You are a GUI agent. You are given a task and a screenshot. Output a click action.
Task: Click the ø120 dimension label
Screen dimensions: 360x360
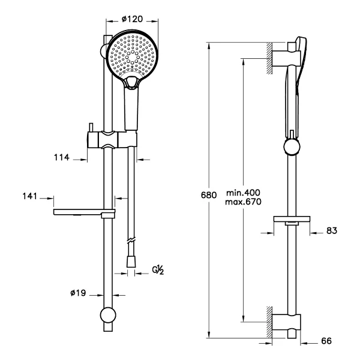[132, 19]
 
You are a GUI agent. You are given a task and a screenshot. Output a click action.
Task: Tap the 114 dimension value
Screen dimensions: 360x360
[62, 157]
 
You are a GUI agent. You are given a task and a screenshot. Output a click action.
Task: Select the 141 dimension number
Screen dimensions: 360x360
[29, 196]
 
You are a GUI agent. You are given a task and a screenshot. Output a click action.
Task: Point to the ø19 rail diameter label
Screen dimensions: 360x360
[78, 293]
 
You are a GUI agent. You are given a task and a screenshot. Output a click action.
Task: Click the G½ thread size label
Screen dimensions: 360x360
[158, 270]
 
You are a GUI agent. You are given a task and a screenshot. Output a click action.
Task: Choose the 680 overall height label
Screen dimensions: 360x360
[209, 195]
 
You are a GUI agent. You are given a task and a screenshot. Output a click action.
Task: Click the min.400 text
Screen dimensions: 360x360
[244, 193]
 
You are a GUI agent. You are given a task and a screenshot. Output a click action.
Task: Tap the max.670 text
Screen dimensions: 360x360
[244, 202]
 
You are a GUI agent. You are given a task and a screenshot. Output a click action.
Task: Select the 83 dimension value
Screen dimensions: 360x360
[332, 230]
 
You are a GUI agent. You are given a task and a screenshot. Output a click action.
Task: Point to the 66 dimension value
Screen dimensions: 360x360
[326, 341]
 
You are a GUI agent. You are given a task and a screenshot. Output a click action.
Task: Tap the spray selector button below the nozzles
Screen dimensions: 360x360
[131, 82]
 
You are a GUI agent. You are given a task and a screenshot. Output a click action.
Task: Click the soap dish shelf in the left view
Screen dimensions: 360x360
[84, 212]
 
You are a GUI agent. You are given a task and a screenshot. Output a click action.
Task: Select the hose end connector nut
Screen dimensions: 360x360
[131, 262]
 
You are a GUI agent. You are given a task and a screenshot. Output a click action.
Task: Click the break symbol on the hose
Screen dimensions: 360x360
[131, 241]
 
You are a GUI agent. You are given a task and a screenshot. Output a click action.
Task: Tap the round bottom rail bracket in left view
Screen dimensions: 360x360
[108, 315]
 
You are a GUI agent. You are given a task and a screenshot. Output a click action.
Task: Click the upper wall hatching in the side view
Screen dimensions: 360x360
[269, 58]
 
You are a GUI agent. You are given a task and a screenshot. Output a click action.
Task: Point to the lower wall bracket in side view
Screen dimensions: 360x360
[286, 322]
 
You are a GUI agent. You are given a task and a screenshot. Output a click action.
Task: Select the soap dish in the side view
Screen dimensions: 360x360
[292, 220]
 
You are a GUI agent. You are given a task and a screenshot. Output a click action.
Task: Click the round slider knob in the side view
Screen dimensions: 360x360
[292, 147]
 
